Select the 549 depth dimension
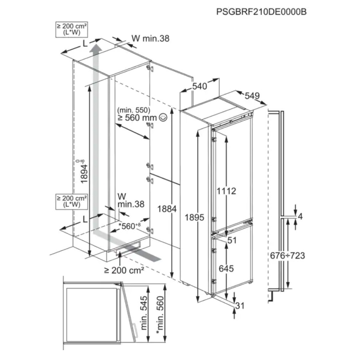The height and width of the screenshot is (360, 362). [252, 96]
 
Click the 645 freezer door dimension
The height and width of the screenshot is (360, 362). [226, 269]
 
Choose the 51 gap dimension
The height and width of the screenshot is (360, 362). [232, 240]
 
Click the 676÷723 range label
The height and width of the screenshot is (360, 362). [288, 256]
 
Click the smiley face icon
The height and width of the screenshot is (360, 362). [163, 118]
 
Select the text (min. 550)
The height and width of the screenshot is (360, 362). [134, 110]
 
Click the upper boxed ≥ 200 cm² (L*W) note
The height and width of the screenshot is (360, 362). [73, 29]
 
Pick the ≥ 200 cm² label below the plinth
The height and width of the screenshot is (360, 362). [124, 270]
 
